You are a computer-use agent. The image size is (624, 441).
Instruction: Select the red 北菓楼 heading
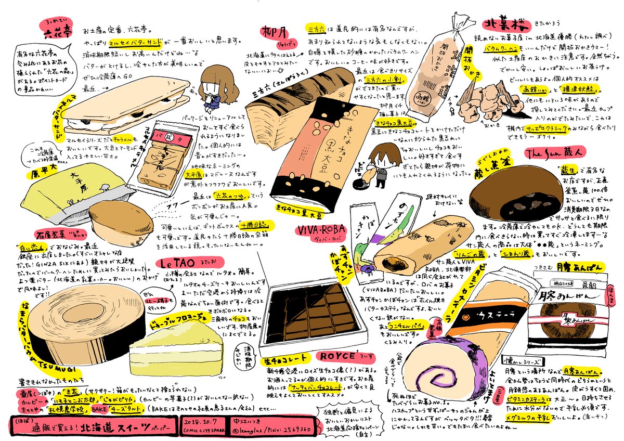[503, 25]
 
